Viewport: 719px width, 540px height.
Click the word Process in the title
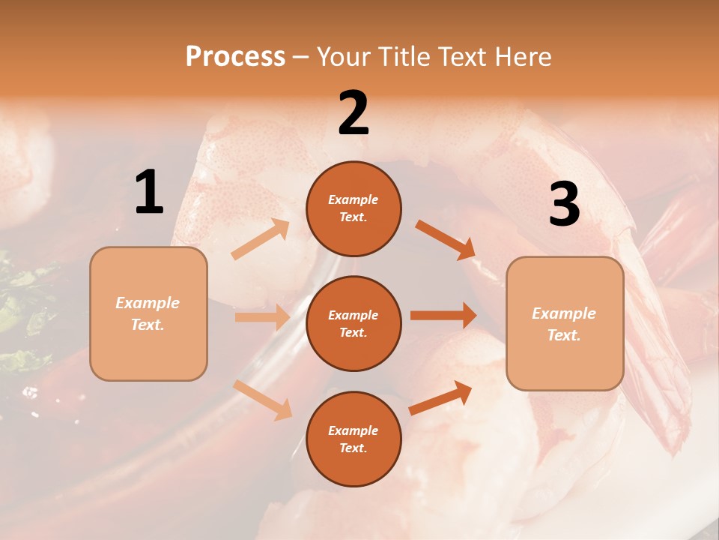235,56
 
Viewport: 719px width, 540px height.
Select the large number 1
149,193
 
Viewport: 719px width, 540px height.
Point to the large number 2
354,113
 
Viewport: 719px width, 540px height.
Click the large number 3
564,205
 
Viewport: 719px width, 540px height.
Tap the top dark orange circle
354,208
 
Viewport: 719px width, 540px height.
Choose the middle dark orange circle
354,323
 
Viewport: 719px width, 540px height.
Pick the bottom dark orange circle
354,439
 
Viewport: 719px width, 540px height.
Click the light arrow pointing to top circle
261,239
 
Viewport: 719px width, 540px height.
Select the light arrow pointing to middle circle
262,317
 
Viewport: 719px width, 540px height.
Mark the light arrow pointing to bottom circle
263,400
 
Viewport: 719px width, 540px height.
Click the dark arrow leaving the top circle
446,240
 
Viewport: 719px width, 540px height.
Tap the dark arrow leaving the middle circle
443,316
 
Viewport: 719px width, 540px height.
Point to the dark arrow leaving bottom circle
440,397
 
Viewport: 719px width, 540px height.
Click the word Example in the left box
148,303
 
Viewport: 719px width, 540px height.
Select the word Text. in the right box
564,335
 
